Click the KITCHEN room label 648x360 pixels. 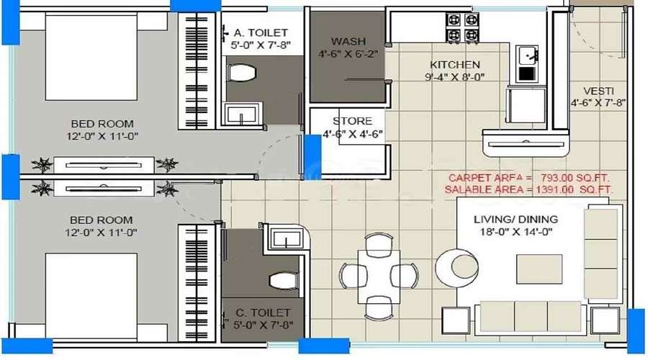(455, 65)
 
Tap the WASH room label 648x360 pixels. (348, 41)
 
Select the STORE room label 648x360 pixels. (352, 121)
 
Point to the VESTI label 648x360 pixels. (598, 91)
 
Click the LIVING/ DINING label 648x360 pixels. (516, 219)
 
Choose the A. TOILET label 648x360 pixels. (260, 32)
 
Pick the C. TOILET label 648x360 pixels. (263, 312)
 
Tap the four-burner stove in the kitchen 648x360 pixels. (462, 27)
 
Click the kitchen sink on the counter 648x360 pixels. (527, 55)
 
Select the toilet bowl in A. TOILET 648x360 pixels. (241, 73)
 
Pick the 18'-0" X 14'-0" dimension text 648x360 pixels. (516, 232)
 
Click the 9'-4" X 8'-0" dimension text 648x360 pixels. (455, 77)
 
